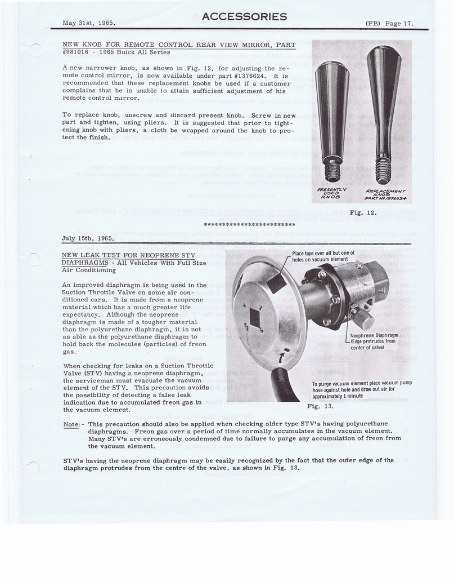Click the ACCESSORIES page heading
coord(244,16)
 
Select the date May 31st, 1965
coord(89,23)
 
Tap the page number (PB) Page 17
coord(389,23)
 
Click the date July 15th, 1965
coord(88,238)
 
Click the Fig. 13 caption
coord(320,406)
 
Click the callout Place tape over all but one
coord(323,256)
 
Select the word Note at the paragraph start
coord(71,424)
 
